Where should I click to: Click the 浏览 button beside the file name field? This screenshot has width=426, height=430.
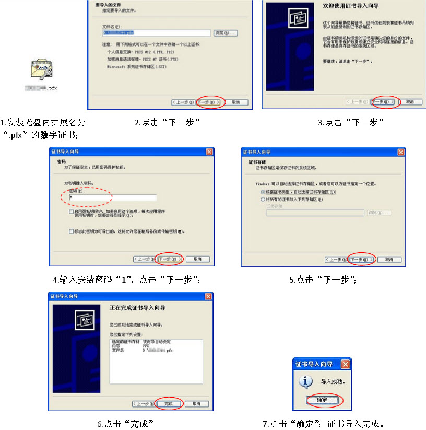226,33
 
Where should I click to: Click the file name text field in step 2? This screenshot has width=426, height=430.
156,33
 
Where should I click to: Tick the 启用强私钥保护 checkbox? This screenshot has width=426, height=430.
71,212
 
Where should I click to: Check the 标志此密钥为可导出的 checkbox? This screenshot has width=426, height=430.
71,231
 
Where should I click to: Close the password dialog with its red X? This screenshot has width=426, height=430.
209,152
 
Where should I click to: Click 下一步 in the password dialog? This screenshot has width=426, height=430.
170,259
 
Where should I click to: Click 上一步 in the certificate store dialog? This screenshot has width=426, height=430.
336,260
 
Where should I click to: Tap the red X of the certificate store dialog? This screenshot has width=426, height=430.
401,152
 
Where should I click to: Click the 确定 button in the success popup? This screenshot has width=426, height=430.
323,400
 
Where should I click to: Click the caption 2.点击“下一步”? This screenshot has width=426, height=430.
168,123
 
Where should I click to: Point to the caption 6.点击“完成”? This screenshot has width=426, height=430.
125,423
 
